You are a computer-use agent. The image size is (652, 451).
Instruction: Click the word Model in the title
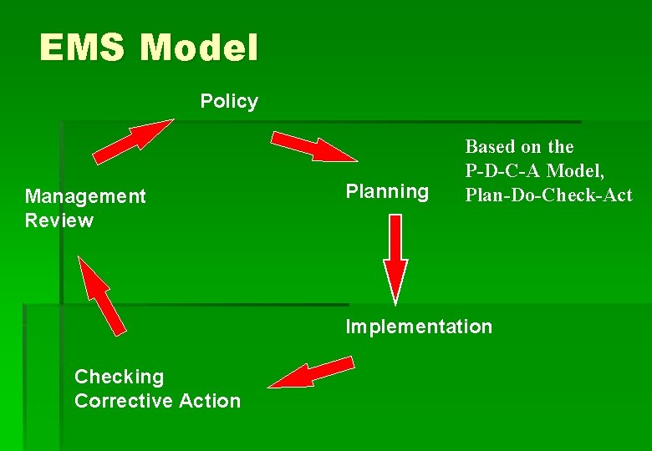coord(199,48)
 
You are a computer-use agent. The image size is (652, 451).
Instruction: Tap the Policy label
coord(229,102)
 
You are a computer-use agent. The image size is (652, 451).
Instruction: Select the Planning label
coord(387,192)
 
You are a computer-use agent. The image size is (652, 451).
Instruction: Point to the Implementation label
coord(419,327)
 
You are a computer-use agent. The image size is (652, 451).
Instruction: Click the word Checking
coord(120,377)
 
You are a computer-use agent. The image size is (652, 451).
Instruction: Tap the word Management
coord(85,196)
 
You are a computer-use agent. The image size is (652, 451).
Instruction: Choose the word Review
coord(59,220)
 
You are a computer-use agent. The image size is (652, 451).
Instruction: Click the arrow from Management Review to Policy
coord(132,139)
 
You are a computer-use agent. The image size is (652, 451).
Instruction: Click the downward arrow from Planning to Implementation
coord(395,259)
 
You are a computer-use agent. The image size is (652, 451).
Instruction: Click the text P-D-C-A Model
coord(534,171)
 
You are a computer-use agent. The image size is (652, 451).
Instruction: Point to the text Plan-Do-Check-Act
coord(548,195)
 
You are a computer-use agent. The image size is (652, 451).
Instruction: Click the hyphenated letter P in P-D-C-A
coord(471,171)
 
